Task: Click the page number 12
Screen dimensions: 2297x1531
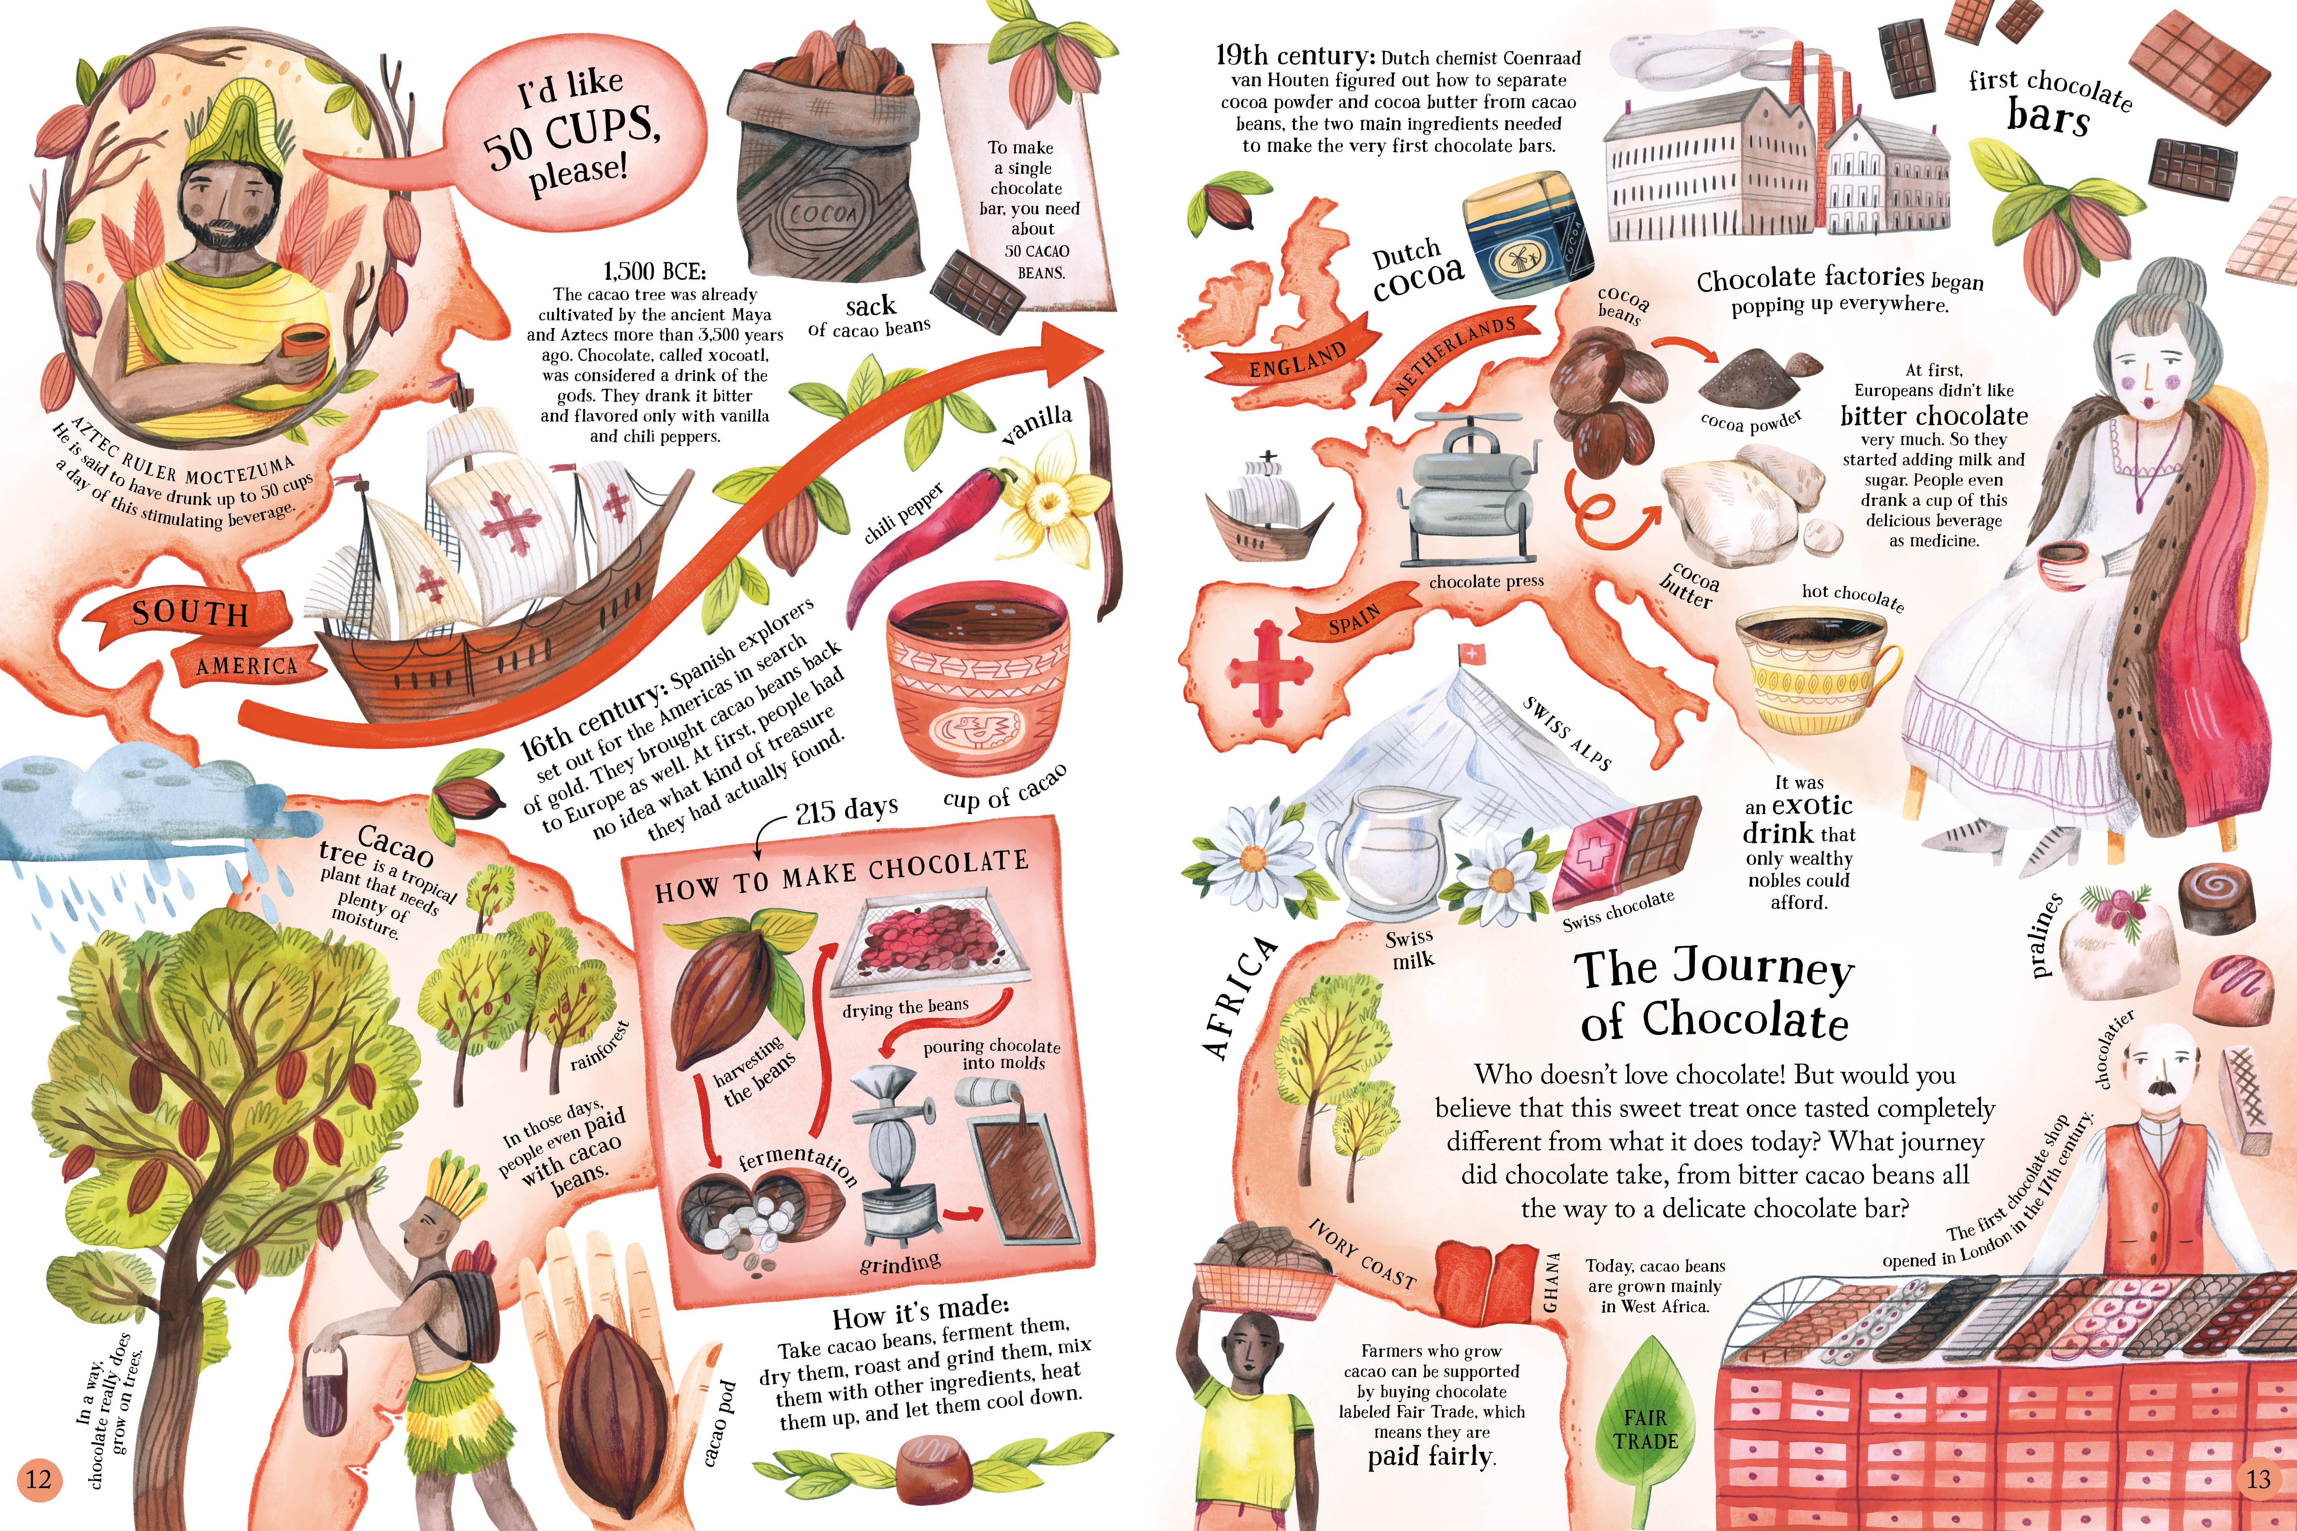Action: [x=38, y=1478]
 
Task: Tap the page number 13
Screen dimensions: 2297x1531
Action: [x=2258, y=1478]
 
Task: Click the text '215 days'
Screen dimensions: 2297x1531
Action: [x=846, y=809]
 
